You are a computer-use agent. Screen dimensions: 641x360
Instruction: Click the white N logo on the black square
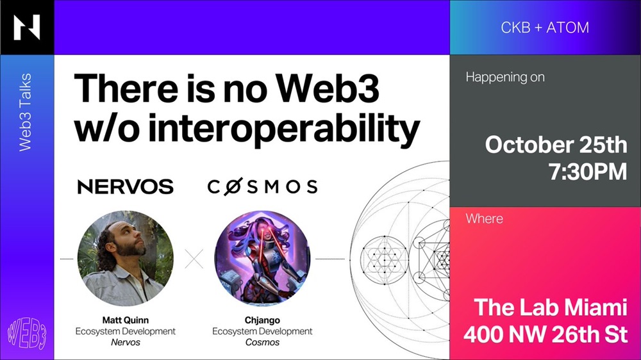(x=27, y=28)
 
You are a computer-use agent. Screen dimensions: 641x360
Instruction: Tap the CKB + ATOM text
(x=545, y=28)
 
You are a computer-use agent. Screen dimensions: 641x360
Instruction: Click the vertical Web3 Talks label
(x=26, y=112)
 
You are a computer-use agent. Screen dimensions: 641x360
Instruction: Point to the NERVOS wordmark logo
(x=126, y=187)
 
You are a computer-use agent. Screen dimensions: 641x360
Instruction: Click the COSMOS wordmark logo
(x=262, y=186)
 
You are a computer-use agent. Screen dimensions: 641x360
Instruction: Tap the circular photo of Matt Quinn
(x=126, y=258)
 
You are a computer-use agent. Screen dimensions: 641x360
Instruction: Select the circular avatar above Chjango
(x=262, y=258)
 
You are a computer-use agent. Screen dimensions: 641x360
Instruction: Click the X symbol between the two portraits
(x=194, y=259)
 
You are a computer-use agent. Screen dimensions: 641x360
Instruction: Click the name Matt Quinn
(x=126, y=320)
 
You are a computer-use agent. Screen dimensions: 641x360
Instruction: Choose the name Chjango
(x=262, y=320)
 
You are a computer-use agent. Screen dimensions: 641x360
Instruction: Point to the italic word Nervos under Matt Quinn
(x=126, y=343)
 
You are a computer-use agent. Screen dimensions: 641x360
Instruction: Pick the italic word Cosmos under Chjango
(x=262, y=343)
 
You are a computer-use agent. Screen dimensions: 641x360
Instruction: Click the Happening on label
(x=505, y=78)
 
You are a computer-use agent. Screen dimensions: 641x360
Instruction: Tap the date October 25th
(x=556, y=145)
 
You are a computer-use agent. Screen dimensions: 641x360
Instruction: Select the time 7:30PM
(x=588, y=172)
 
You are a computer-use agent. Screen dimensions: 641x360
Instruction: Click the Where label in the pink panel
(x=485, y=218)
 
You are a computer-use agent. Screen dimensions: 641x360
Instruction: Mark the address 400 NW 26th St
(x=545, y=334)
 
